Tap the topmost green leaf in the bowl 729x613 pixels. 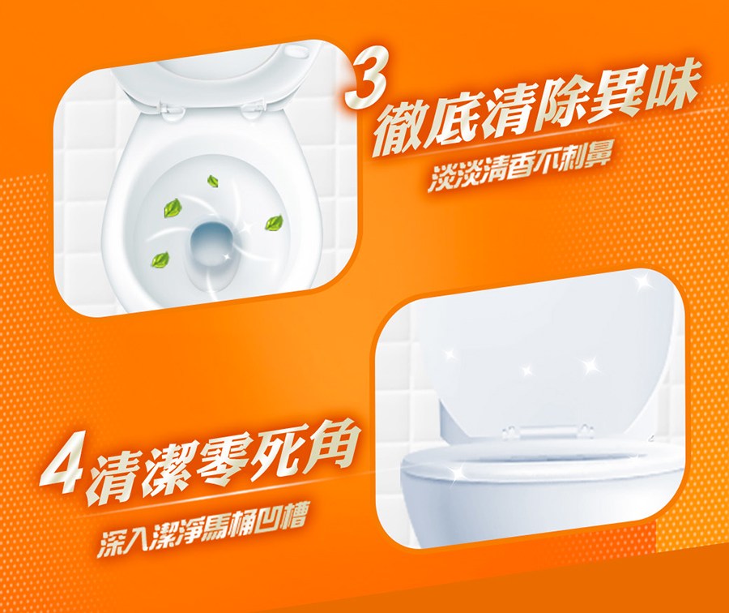[214, 182]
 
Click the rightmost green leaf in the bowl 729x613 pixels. [275, 222]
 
